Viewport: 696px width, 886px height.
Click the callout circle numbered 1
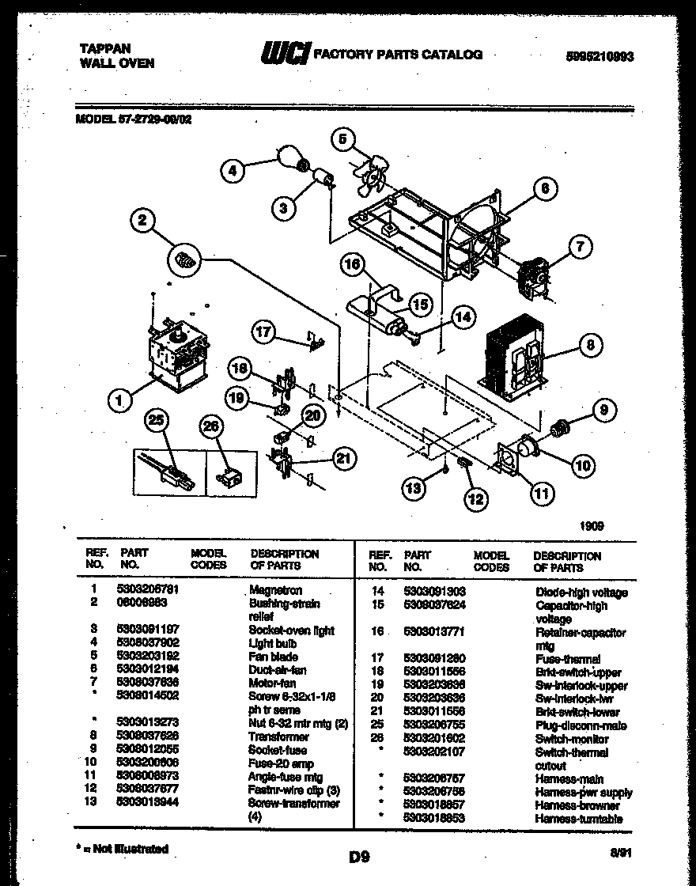(x=119, y=401)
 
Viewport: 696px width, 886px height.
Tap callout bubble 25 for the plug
(x=158, y=422)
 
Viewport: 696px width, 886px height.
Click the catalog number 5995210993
(x=600, y=57)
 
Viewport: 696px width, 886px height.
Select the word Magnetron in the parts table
(x=275, y=590)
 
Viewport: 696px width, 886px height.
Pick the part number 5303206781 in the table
(x=148, y=590)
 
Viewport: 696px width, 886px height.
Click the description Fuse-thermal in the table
(x=567, y=658)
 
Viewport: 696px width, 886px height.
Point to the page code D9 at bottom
(x=358, y=856)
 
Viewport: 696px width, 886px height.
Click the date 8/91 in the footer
(x=619, y=853)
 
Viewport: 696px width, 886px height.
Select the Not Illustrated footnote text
(x=126, y=849)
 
